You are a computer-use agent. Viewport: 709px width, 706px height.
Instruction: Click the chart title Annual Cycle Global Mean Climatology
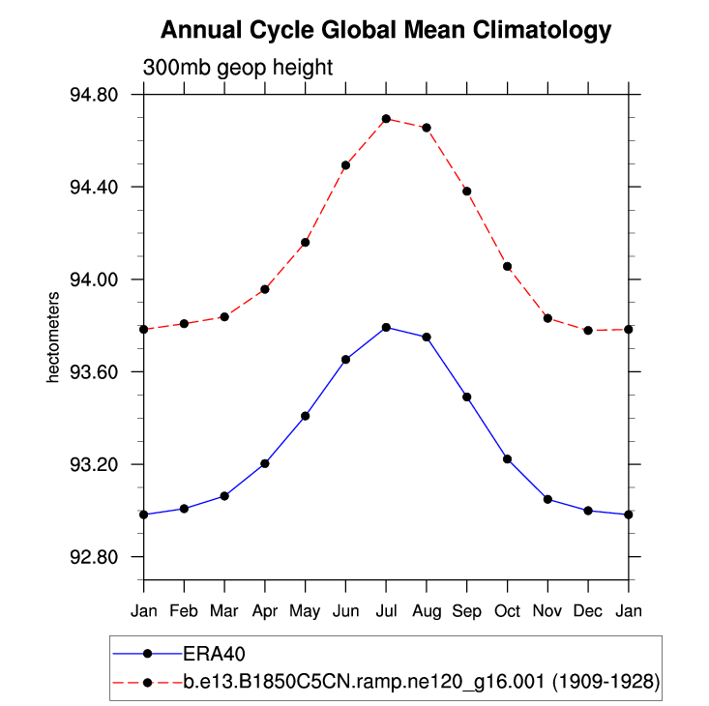click(x=386, y=31)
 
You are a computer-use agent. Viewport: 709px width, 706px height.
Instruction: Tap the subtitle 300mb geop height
click(x=238, y=69)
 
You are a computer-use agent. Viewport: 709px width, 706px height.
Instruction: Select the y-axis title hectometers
click(x=55, y=344)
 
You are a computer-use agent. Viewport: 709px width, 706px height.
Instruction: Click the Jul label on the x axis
click(x=386, y=611)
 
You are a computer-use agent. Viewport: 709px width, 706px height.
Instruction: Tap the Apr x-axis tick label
click(x=264, y=611)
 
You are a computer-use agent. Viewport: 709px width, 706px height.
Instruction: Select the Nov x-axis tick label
click(x=547, y=611)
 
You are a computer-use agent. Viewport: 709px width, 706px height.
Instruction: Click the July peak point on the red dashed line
click(x=386, y=119)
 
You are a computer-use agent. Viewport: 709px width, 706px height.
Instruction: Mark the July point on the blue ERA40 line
click(x=386, y=327)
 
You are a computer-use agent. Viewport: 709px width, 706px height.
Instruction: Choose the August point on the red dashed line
click(x=427, y=128)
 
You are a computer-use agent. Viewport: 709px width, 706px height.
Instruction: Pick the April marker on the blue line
click(x=265, y=463)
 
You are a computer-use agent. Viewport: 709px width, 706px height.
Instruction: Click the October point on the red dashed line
click(x=508, y=266)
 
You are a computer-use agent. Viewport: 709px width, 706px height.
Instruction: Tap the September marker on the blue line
click(x=467, y=397)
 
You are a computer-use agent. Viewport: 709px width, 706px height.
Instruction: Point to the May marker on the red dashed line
click(x=306, y=242)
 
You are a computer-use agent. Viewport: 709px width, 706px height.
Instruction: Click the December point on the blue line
click(x=588, y=511)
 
